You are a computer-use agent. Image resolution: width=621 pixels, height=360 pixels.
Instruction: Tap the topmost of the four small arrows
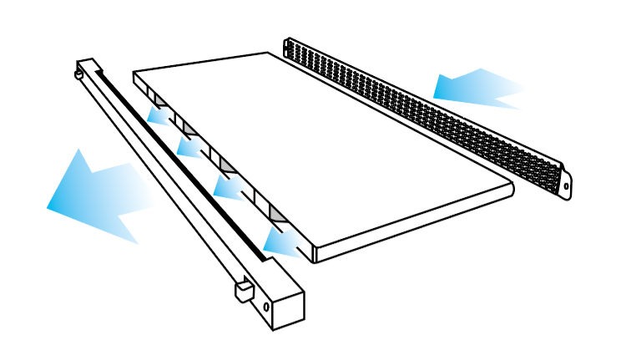(159, 115)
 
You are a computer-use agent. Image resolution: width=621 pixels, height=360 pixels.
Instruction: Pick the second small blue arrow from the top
(190, 147)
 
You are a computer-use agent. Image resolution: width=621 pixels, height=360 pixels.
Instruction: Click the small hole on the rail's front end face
(266, 307)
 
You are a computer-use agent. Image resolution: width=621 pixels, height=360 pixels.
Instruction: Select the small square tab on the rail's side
(242, 292)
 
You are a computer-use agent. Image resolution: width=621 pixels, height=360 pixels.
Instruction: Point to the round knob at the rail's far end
(78, 74)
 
